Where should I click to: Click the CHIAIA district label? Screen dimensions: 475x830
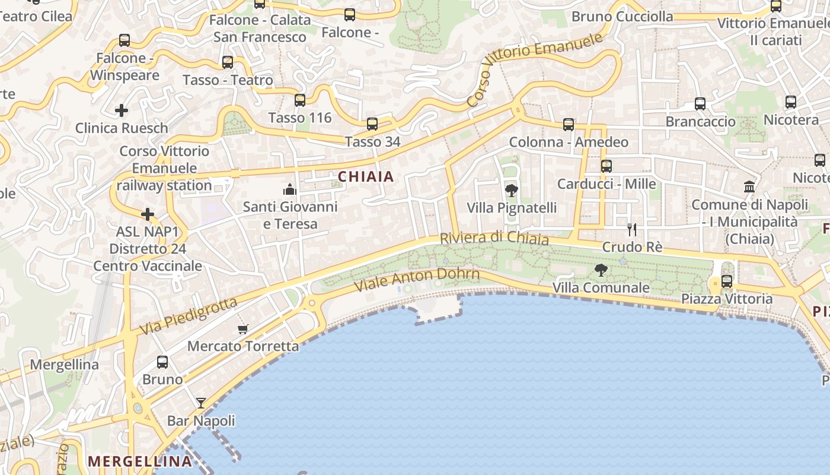click(x=366, y=176)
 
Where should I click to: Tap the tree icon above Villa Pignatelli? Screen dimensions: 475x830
click(x=511, y=191)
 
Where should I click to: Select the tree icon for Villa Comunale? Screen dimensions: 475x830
click(x=601, y=270)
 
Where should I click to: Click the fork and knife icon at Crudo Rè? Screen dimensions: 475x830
click(x=632, y=229)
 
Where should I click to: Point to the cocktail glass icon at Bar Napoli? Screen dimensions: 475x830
click(x=201, y=403)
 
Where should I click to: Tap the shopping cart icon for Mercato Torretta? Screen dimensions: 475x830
click(x=242, y=329)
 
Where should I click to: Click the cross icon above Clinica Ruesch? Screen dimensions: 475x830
click(x=122, y=110)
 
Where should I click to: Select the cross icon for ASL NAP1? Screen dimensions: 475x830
click(x=148, y=214)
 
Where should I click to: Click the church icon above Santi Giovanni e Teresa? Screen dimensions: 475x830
click(x=290, y=189)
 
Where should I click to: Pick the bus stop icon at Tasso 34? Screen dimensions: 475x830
click(x=372, y=124)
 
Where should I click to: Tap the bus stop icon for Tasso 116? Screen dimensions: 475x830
click(x=300, y=100)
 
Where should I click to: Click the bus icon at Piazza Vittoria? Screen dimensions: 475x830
click(x=727, y=281)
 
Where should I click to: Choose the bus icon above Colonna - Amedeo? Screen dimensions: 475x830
click(x=569, y=125)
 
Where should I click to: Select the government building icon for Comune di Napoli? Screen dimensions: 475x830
click(x=749, y=187)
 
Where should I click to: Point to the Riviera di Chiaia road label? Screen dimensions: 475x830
click(x=494, y=238)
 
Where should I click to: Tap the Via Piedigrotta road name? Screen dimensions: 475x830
click(x=188, y=316)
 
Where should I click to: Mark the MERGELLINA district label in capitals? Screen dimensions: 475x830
click(x=140, y=461)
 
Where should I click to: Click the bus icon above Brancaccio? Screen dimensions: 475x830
click(x=700, y=104)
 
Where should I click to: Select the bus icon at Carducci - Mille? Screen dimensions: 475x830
click(x=606, y=166)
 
